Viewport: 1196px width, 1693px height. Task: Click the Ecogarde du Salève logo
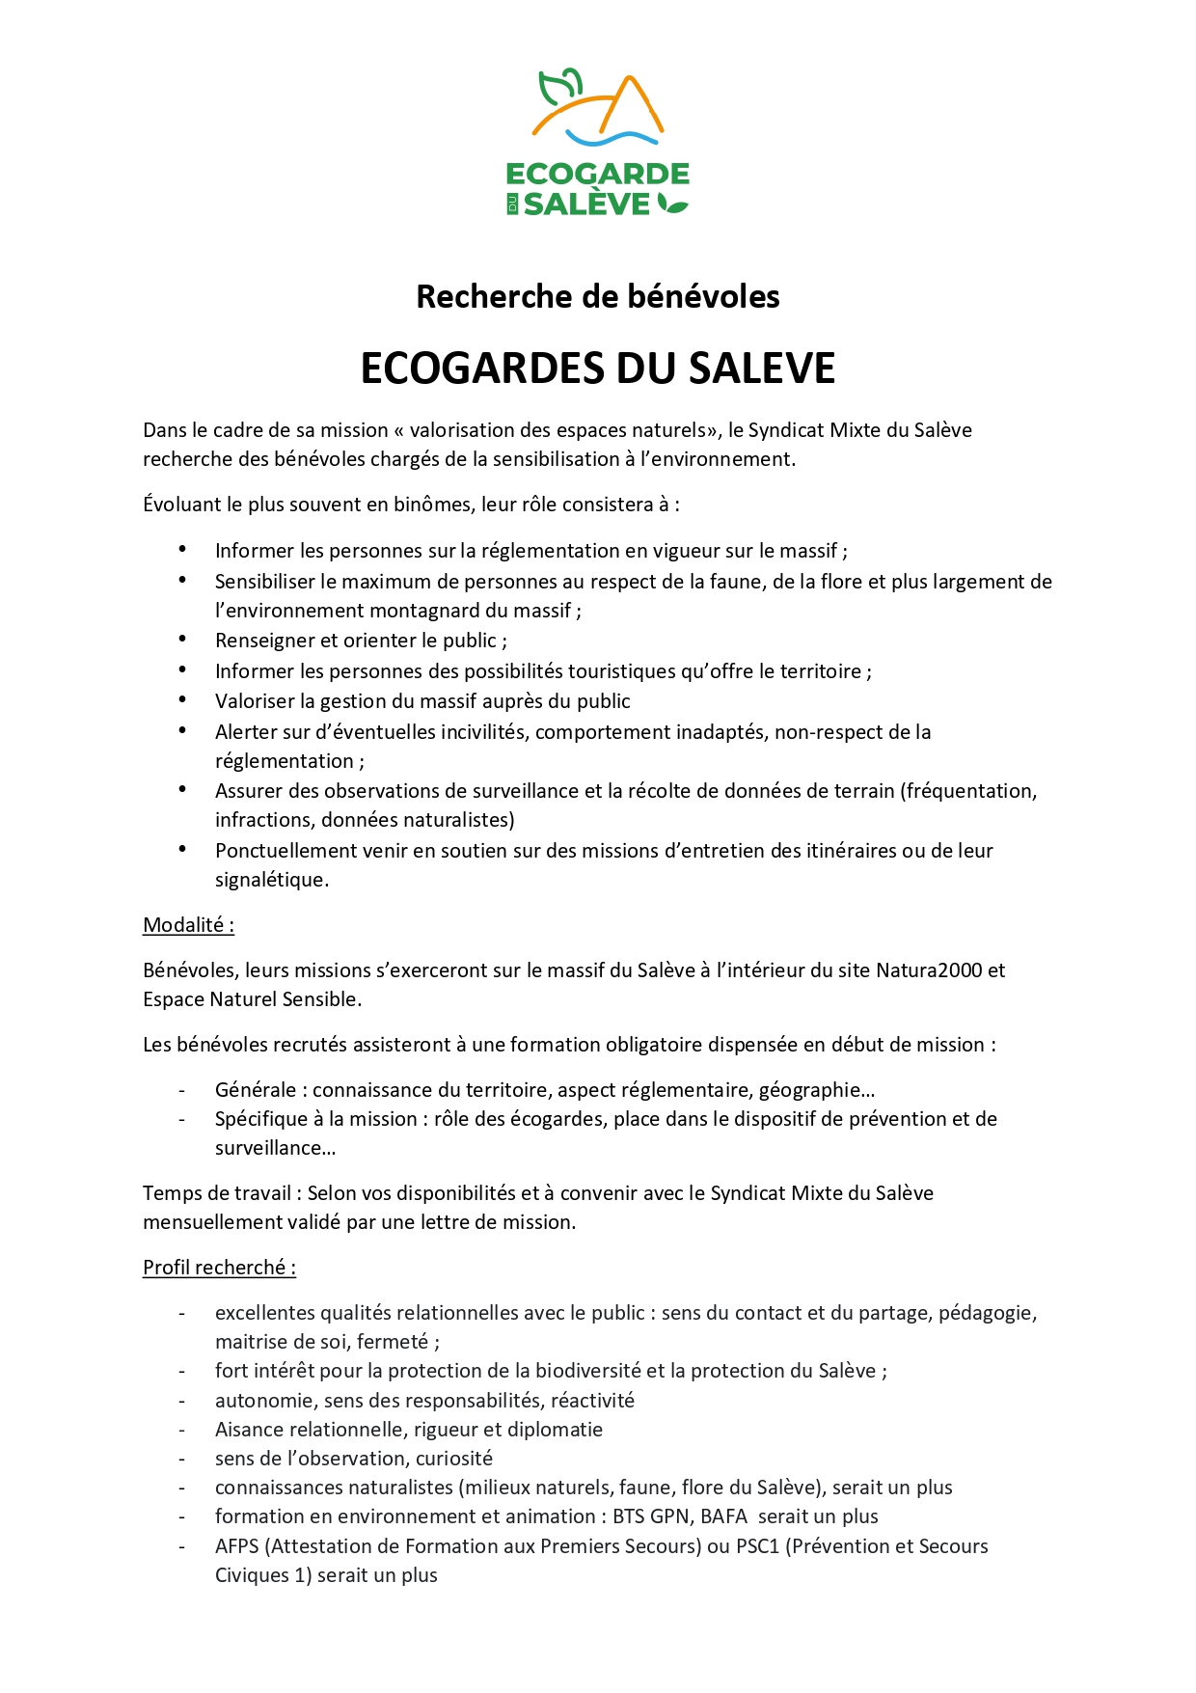point(598,143)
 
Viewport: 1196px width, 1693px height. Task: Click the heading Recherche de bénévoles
point(597,296)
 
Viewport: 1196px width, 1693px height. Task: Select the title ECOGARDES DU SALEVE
point(597,369)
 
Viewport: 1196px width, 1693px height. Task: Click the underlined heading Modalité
point(188,925)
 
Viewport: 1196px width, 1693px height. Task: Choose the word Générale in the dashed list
point(255,1090)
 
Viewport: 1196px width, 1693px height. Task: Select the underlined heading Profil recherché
point(219,1268)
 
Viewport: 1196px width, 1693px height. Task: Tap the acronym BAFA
point(723,1516)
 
